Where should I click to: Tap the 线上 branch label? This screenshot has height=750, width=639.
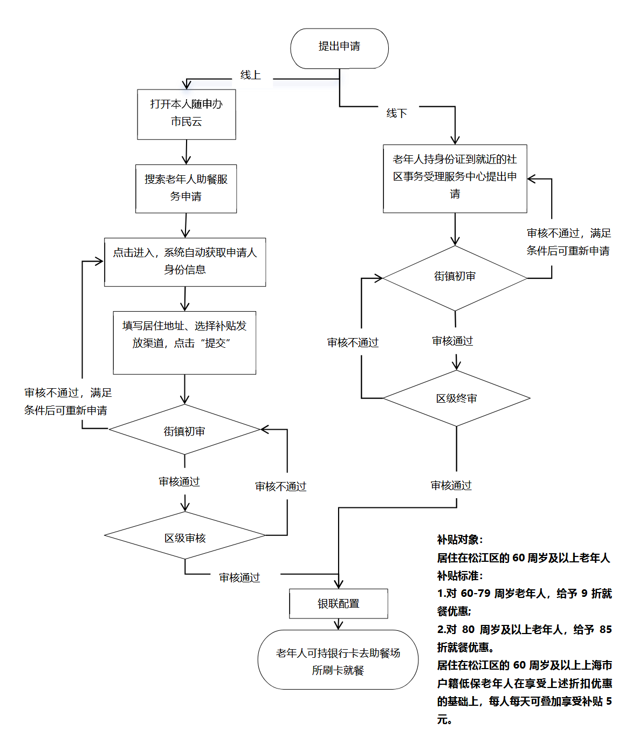[250, 75]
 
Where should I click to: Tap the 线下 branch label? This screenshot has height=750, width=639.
[396, 113]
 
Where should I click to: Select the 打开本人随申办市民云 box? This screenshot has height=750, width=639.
[187, 114]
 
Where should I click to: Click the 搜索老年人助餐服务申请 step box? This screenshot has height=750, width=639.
[186, 188]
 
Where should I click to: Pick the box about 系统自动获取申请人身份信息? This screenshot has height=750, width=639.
[185, 262]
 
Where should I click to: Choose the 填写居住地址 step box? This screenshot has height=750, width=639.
[184, 342]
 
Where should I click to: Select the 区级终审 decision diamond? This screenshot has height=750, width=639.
[456, 398]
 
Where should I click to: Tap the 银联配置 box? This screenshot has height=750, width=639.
[339, 603]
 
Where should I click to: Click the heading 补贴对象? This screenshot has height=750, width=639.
[459, 540]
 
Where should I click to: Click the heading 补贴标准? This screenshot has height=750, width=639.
[459, 576]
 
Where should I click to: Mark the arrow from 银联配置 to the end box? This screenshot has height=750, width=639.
[339, 624]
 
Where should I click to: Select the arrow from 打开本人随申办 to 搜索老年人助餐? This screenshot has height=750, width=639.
[186, 152]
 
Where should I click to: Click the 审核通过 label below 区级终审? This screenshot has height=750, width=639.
[451, 486]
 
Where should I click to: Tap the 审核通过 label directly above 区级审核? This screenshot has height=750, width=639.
[179, 481]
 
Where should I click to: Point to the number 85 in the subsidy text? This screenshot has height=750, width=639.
[605, 629]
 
